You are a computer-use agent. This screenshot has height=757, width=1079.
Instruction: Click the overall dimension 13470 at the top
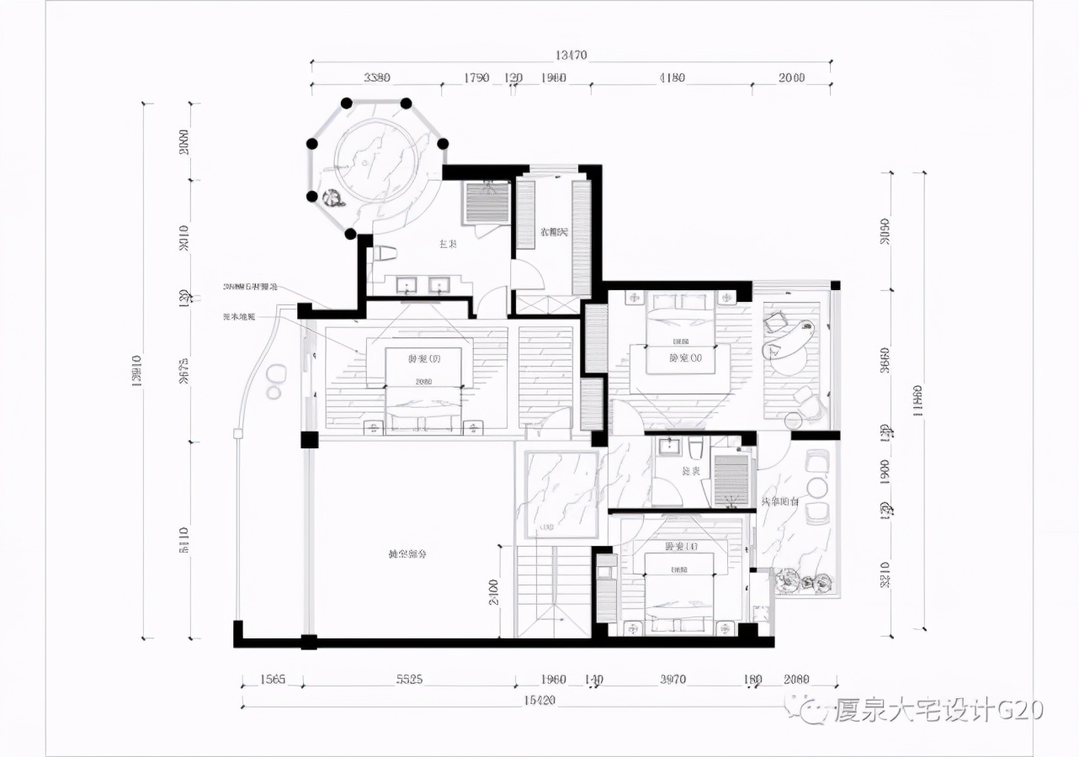[570, 56]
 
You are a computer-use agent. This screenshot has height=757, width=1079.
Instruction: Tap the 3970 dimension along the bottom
[672, 679]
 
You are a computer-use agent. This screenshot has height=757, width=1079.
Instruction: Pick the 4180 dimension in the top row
[671, 78]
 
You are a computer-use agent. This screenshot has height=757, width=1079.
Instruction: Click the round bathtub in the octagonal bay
[378, 156]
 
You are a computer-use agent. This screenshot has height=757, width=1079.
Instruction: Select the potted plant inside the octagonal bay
[332, 199]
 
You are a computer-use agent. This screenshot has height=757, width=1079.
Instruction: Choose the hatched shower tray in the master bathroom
[487, 203]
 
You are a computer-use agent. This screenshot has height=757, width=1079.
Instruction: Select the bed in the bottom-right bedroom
[679, 589]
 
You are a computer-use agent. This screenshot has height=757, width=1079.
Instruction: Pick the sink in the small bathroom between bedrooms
[671, 447]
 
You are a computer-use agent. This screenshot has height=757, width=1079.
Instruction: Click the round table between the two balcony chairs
[816, 487]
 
